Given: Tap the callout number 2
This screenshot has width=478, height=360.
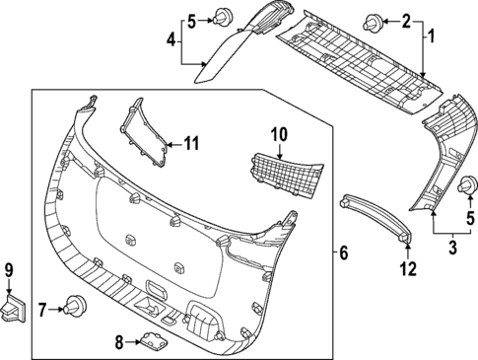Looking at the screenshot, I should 404,20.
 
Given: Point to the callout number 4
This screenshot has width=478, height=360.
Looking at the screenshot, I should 171,40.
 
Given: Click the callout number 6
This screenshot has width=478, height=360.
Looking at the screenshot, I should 343,253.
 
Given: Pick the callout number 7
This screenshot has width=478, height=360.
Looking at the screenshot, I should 42,309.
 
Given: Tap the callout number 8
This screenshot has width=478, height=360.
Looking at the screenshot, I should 120,342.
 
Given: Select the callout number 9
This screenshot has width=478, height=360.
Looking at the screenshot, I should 11,269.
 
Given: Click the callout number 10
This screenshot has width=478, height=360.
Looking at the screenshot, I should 278,132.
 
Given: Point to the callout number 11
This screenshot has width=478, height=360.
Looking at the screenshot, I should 190,144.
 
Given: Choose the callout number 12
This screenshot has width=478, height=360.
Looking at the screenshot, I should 407,267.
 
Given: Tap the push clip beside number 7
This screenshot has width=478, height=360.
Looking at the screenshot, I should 72,307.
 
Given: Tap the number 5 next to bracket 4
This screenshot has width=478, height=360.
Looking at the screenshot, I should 193,20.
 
